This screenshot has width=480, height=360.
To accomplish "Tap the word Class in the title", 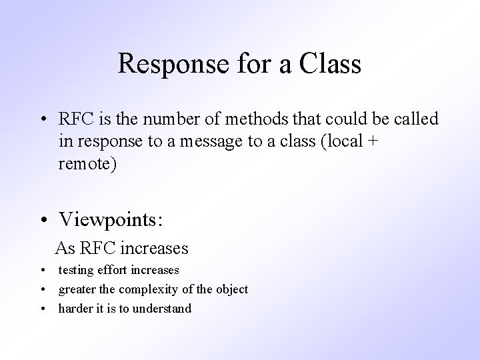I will click(x=331, y=64).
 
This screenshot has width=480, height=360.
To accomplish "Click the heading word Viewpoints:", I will click(x=111, y=218).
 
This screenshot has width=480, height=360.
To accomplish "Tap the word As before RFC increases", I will click(x=65, y=248).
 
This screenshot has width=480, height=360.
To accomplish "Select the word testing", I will click(x=75, y=271).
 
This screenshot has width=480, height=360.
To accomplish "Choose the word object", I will click(x=231, y=289).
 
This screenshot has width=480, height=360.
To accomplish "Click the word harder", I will click(x=76, y=308).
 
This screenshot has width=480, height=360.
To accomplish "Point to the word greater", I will click(x=77, y=289).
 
